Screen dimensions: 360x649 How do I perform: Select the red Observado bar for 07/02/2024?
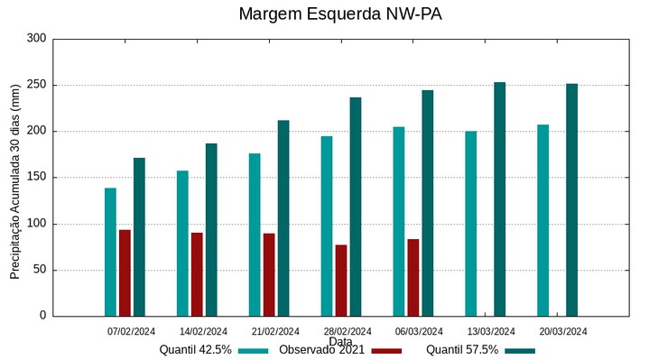125,272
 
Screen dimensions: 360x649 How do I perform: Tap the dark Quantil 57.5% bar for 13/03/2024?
499,198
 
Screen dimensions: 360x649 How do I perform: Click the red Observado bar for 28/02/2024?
341,280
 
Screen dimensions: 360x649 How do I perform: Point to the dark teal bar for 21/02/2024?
283,217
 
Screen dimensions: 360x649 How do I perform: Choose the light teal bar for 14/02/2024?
182,243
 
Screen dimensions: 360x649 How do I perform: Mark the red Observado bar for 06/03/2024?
413,277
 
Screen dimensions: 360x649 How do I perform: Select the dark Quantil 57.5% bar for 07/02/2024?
139,236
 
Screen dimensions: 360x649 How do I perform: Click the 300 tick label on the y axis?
36,39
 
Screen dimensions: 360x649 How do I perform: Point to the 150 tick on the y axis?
36,178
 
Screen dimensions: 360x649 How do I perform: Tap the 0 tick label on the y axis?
42,316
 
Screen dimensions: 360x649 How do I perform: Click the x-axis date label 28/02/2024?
348,331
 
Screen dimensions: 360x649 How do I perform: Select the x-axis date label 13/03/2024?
491,331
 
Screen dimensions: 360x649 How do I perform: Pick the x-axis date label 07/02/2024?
132,331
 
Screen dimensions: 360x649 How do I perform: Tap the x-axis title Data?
340,342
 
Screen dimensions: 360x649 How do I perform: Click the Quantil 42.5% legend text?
196,350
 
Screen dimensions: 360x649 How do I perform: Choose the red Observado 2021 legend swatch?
386,350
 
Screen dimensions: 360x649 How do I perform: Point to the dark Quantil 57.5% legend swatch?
520,350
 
